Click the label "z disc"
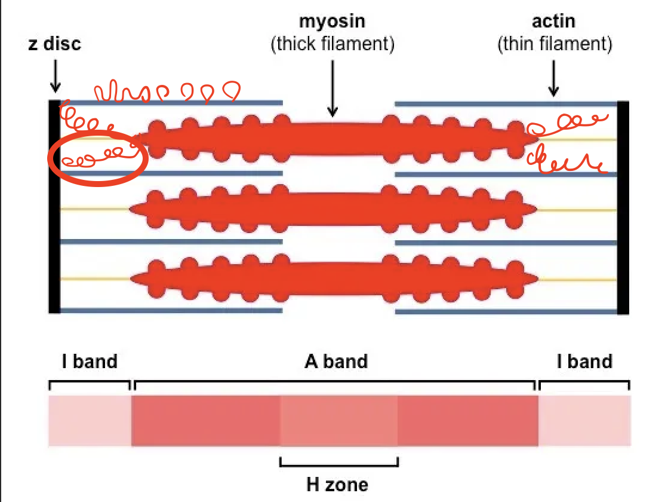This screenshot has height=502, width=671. pyautogui.click(x=54, y=44)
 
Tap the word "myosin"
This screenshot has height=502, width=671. pyautogui.click(x=332, y=22)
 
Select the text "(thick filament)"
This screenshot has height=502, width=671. pyautogui.click(x=333, y=45)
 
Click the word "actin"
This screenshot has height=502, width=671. pyautogui.click(x=554, y=22)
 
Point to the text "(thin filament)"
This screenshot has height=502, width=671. pyautogui.click(x=555, y=45)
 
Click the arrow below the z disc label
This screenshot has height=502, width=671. pyautogui.click(x=55, y=77)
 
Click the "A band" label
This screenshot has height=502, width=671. pyautogui.click(x=336, y=362)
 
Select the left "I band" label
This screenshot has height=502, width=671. pyautogui.click(x=90, y=362)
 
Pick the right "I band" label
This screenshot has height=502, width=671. pyautogui.click(x=584, y=362)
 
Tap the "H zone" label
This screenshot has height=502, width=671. pyautogui.click(x=337, y=484)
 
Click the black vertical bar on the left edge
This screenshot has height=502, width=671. pyautogui.click(x=54, y=206)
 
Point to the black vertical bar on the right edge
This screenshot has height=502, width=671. pyautogui.click(x=623, y=206)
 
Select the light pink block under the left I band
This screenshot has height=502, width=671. pyautogui.click(x=90, y=421)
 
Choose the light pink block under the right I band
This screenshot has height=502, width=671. pyautogui.click(x=584, y=421)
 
